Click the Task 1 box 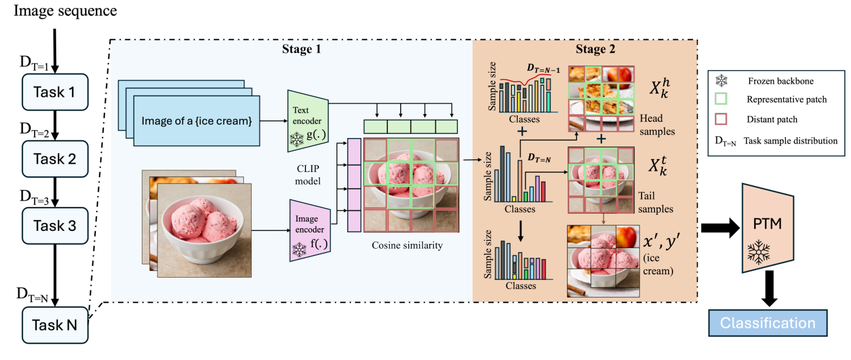(55, 92)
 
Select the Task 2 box (55, 159)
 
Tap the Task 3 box (55, 226)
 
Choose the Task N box (55, 325)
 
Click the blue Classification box (768, 323)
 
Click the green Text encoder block (307, 119)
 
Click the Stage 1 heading (304, 50)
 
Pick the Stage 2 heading (596, 50)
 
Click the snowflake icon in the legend (722, 81)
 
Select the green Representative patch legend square (722, 101)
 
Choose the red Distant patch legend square (722, 120)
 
